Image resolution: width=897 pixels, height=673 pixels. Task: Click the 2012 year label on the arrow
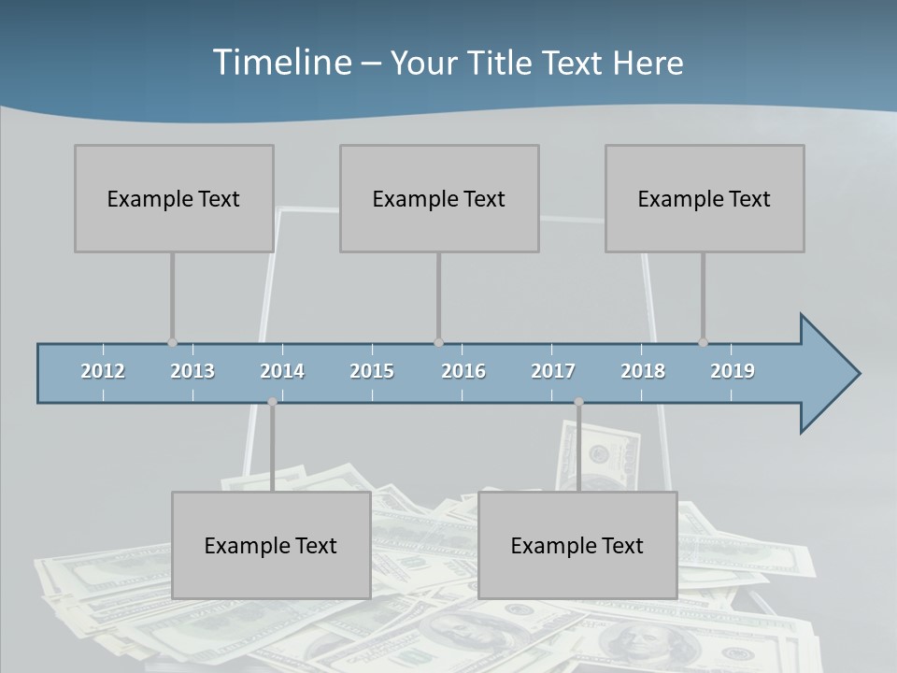coord(103,371)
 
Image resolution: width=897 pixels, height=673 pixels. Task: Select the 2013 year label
coord(192,371)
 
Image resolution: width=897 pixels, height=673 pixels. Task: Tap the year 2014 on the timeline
coord(282,371)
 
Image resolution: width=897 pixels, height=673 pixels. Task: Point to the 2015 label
coord(372,371)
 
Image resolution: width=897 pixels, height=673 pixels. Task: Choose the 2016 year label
coord(463,371)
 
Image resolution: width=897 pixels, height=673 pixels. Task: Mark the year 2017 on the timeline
coord(553,371)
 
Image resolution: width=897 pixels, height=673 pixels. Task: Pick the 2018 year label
coord(643,371)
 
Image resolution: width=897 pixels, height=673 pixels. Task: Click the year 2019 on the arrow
coord(733,371)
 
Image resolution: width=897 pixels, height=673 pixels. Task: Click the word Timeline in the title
coord(281,63)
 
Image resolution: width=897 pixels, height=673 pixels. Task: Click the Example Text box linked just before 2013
coord(174,198)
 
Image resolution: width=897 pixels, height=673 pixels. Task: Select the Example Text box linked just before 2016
coord(439,198)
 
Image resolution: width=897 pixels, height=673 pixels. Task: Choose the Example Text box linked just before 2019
coord(705,198)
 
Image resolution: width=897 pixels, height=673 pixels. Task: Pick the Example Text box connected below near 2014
coord(271,545)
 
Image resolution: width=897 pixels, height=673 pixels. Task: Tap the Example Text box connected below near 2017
coord(577,545)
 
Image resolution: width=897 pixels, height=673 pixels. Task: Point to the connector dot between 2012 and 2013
coord(172,343)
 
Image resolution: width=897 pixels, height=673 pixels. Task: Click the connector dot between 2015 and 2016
coord(438,343)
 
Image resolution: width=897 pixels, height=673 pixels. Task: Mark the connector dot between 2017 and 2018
coord(578,402)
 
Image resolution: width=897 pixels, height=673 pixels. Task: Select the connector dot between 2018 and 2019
coord(703,343)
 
